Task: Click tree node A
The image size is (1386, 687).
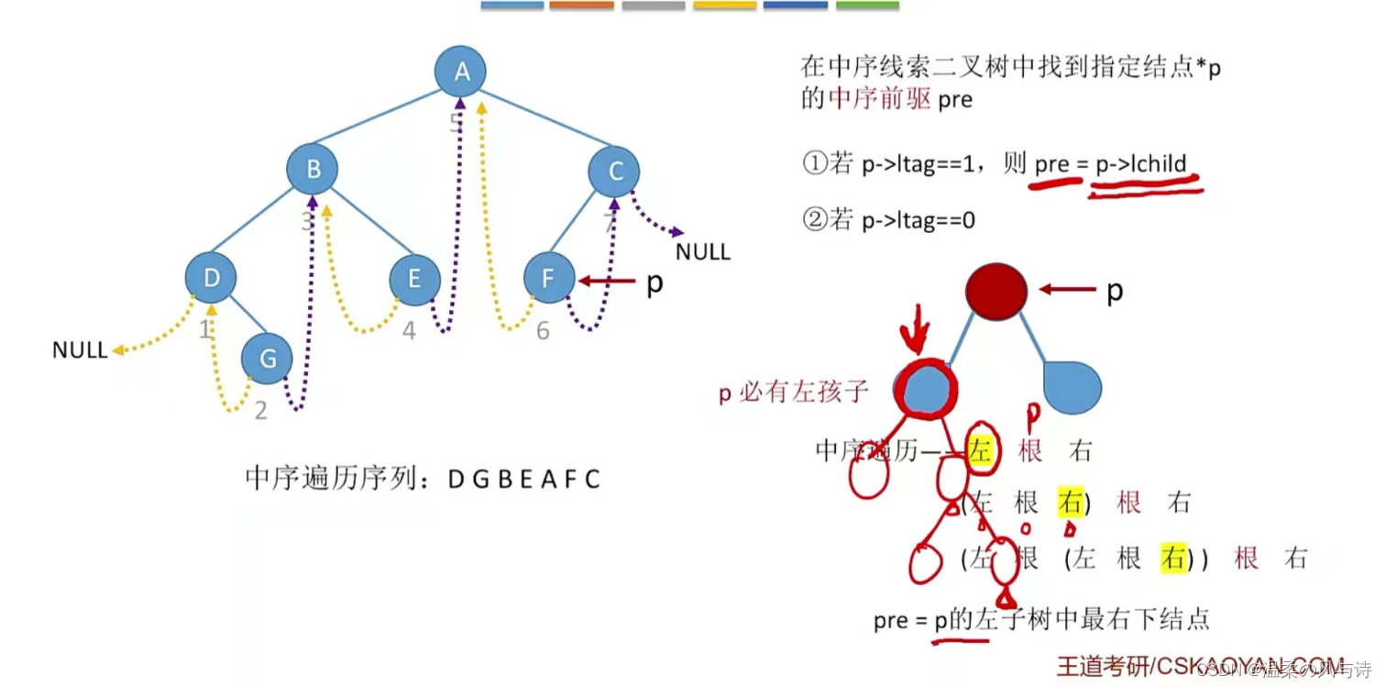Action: [460, 72]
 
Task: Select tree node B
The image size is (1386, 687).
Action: [313, 170]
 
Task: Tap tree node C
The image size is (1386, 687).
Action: [614, 170]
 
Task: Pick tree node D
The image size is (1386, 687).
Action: [211, 278]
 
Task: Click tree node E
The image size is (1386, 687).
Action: [414, 279]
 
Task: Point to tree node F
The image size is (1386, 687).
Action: [549, 278]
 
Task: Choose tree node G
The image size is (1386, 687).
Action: [268, 359]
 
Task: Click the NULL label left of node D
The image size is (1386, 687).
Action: [80, 350]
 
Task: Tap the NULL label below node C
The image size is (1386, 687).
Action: [703, 252]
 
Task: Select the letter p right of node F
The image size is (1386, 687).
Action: [654, 283]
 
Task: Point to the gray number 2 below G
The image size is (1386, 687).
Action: [261, 411]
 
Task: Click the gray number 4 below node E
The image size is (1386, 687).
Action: [409, 331]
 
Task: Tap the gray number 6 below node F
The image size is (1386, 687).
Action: [543, 331]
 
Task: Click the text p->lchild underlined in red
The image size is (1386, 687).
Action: [1141, 165]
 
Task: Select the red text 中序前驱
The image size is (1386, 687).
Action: [866, 99]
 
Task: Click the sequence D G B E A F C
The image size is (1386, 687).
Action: [523, 479]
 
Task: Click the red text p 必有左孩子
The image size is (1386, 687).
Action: [793, 393]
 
